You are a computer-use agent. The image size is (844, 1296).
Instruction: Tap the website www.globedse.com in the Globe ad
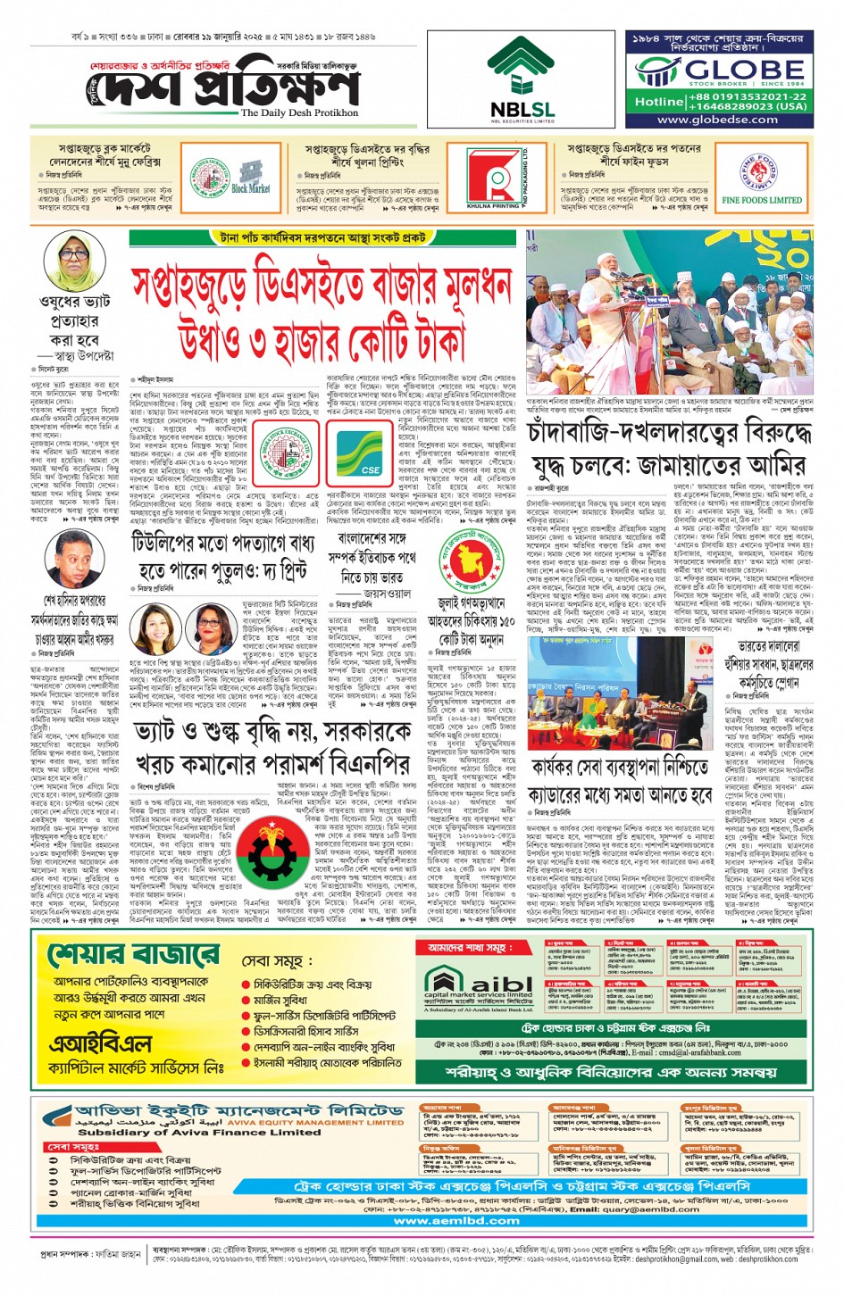click(x=717, y=120)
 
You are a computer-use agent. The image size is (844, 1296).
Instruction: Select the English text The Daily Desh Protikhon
click(x=299, y=113)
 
